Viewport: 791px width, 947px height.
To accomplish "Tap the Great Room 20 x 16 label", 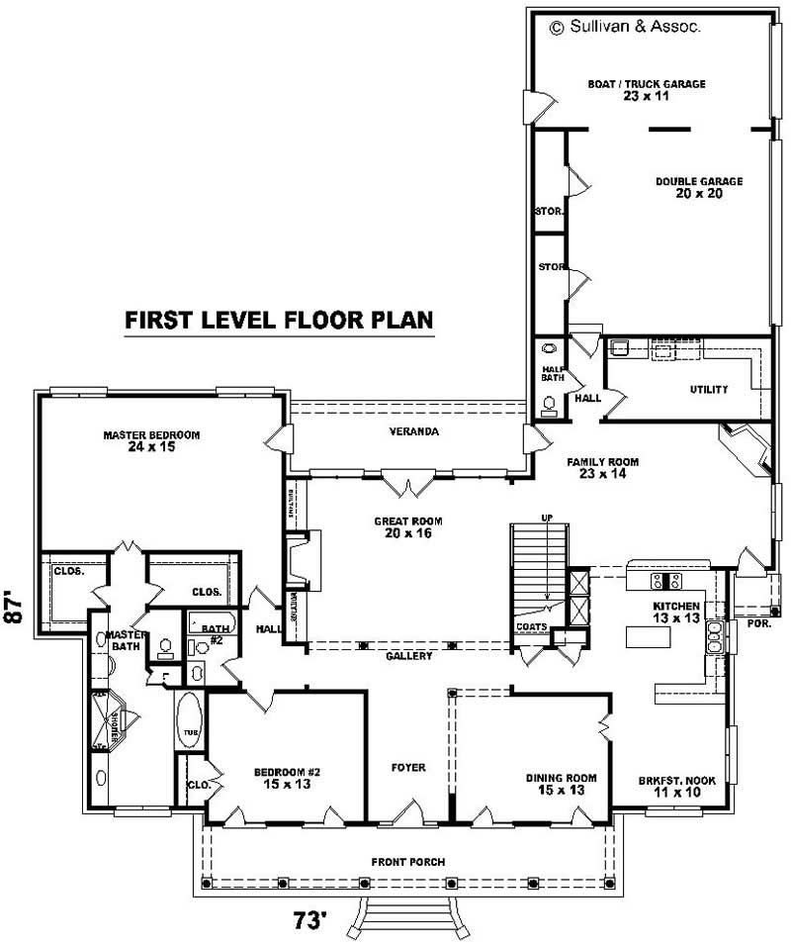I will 407,526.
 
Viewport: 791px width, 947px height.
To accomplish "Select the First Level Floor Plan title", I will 279,321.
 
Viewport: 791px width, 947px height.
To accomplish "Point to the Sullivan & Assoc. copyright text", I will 625,28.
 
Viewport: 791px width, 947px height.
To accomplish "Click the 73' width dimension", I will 309,920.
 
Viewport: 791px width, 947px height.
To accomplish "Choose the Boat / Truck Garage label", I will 647,90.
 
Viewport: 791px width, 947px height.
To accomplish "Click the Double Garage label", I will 698,187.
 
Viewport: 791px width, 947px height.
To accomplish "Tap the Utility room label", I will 709,390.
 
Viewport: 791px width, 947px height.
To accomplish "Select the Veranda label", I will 414,431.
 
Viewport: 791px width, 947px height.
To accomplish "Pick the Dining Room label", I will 560,784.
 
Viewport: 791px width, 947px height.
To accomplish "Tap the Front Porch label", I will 407,862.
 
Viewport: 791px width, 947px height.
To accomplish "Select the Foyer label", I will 407,767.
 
